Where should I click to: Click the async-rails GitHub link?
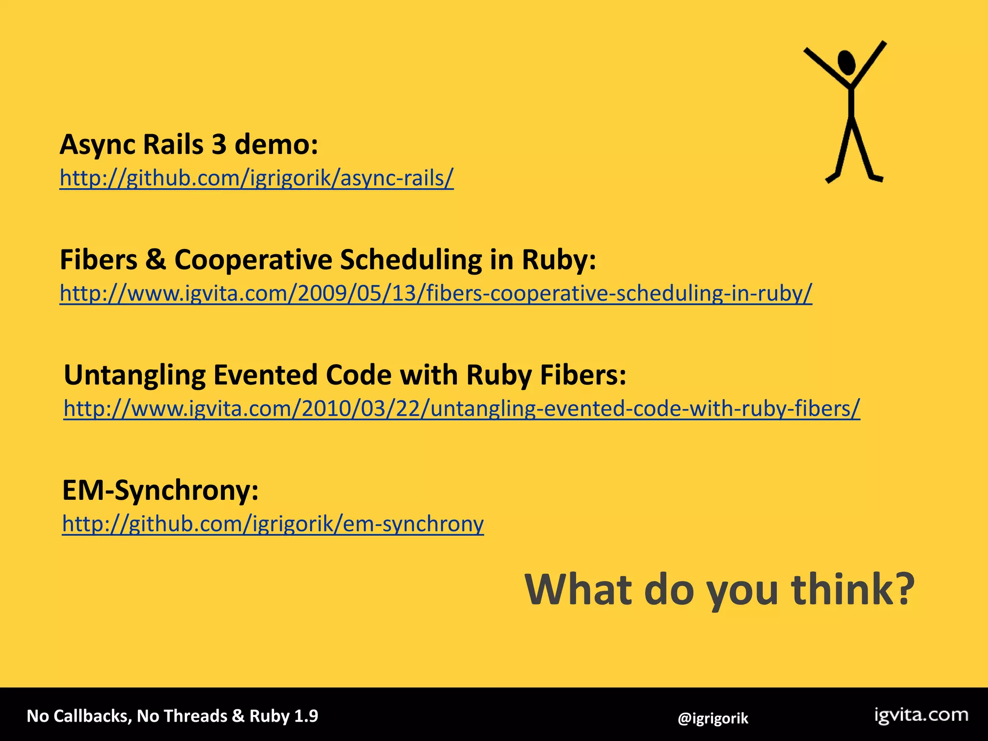[x=256, y=178]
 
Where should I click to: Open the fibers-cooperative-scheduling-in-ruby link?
[x=436, y=293]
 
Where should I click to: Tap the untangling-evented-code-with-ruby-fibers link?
[x=462, y=409]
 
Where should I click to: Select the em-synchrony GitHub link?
[x=273, y=524]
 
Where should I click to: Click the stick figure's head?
[x=847, y=62]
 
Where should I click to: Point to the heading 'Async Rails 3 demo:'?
[x=189, y=144]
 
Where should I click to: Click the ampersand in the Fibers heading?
[x=155, y=260]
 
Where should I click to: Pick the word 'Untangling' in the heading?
[x=135, y=375]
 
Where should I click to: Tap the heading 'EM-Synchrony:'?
[x=160, y=491]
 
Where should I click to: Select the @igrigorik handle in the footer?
[x=713, y=719]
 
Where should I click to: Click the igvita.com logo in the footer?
[x=921, y=715]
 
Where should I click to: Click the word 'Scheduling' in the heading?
[x=411, y=260]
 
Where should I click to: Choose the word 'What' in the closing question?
[x=578, y=589]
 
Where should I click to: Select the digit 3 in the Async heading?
[x=219, y=144]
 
